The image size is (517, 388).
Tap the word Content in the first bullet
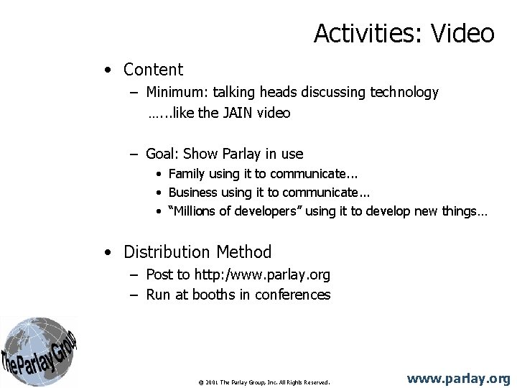point(153,70)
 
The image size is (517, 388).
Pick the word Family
point(187,174)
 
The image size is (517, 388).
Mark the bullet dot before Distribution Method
point(106,252)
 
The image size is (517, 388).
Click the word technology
point(404,92)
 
